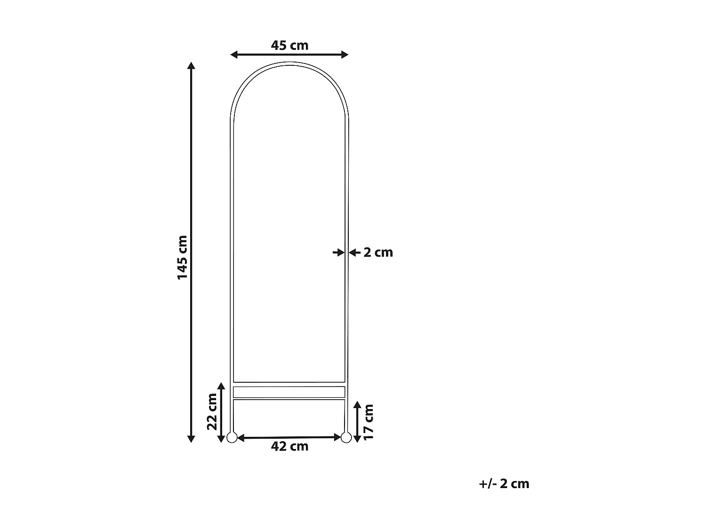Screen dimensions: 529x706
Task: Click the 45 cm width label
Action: point(289,46)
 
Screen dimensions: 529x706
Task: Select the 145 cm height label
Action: point(182,257)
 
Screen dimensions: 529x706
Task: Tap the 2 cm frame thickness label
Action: point(378,253)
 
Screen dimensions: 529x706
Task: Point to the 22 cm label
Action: point(213,411)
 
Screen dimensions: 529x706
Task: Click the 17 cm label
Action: point(369,421)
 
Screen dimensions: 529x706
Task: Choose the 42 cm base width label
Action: point(289,447)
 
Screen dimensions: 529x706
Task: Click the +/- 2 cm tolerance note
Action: point(504,484)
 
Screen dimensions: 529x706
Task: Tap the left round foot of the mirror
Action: point(232,438)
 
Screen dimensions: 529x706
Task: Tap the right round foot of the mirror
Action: point(346,438)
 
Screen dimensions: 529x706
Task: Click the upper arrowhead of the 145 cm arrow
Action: point(191,66)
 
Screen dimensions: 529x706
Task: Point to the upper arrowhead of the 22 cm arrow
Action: point(221,386)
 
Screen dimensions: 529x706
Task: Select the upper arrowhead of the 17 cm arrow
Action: point(357,405)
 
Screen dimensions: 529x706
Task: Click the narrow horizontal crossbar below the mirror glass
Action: point(289,392)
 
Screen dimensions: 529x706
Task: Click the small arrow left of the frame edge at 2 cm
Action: point(338,253)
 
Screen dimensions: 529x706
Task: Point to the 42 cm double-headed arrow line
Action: point(289,438)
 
